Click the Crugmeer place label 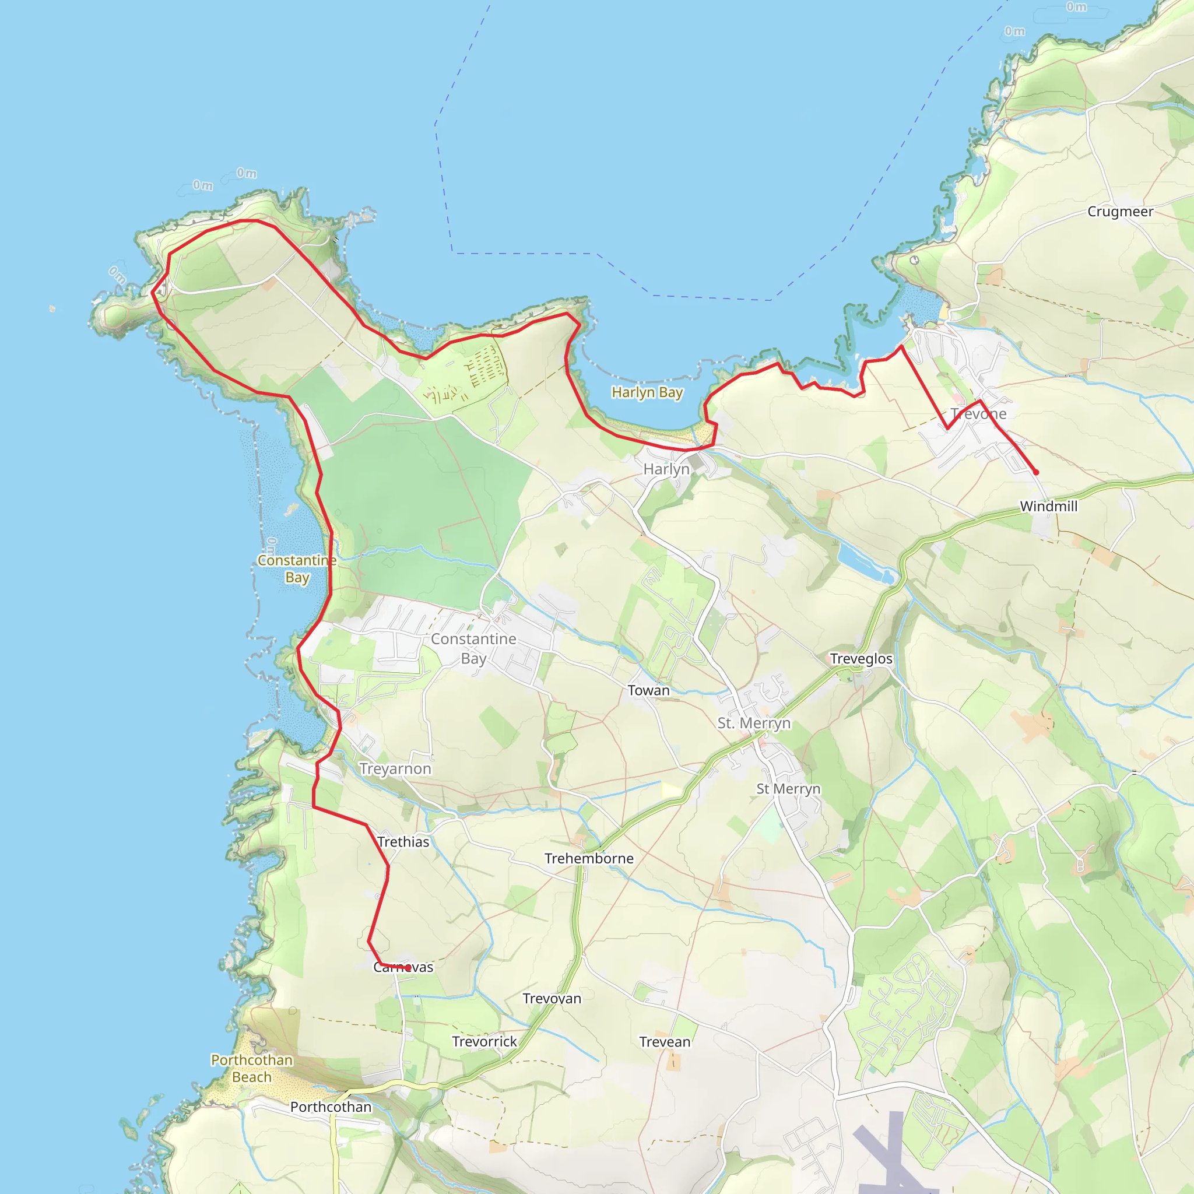1120,212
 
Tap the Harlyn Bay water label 647,392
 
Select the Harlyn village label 666,469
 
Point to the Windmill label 1048,506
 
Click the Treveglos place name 861,659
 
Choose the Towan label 648,690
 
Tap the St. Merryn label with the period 753,723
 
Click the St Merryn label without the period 788,789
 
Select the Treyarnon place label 395,769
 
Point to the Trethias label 403,842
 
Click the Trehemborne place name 588,858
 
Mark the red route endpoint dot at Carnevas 408,968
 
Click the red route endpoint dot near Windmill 1036,472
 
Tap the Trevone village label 978,413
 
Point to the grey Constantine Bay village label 473,648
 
